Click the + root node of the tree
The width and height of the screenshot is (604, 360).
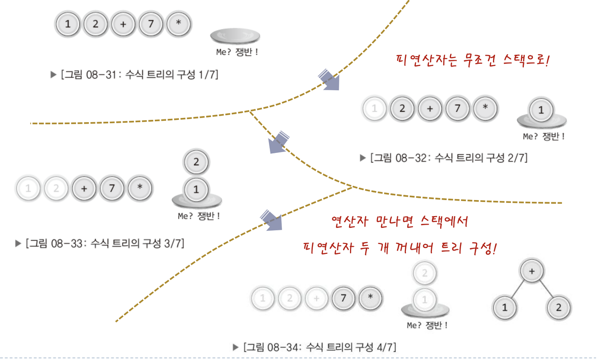pyautogui.click(x=532, y=272)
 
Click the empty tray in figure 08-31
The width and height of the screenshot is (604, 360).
pyautogui.click(x=235, y=37)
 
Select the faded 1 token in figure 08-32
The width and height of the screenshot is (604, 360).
pyautogui.click(x=375, y=109)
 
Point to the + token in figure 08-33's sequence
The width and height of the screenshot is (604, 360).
pyautogui.click(x=84, y=189)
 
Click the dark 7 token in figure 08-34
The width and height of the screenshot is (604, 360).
pyautogui.click(x=344, y=298)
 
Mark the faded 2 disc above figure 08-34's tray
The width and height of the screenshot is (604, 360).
pyautogui.click(x=424, y=273)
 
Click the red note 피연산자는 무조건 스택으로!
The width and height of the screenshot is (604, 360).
pyautogui.click(x=472, y=61)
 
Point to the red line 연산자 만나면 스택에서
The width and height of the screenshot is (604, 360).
pyautogui.click(x=399, y=221)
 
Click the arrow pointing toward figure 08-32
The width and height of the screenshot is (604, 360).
pyautogui.click(x=328, y=79)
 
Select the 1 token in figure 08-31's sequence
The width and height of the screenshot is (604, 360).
pyautogui.click(x=68, y=24)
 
